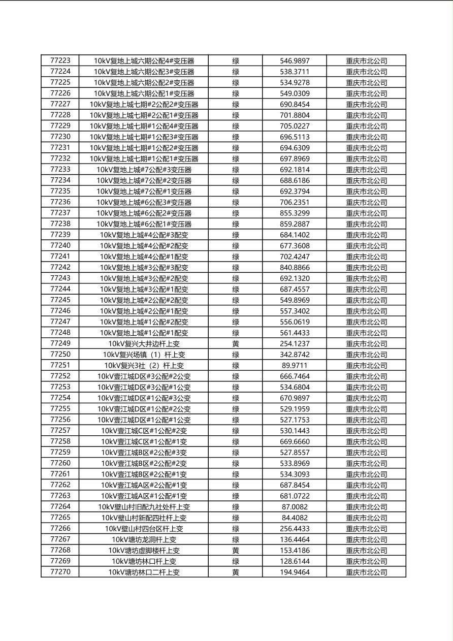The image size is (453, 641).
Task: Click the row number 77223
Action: [60, 60]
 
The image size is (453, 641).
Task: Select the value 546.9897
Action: [295, 60]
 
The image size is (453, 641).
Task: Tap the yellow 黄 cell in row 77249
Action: [236, 343]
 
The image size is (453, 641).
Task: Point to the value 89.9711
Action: [295, 365]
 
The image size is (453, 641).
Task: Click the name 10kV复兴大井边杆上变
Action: [144, 343]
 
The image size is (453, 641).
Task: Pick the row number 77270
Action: [60, 572]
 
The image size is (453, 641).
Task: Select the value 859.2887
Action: [295, 223]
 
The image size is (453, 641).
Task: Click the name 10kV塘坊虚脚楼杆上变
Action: [144, 550]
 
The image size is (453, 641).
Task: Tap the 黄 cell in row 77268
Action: [236, 550]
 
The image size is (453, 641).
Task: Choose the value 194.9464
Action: [295, 572]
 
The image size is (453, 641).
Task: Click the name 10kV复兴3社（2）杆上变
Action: [144, 365]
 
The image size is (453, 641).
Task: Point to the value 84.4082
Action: [295, 518]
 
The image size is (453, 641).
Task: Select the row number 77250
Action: [60, 355]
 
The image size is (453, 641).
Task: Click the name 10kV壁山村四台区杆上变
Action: [144, 528]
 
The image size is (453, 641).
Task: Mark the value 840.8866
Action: [295, 267]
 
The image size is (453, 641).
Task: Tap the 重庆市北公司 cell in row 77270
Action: [366, 572]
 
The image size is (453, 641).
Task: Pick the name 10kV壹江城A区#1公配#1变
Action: [144, 496]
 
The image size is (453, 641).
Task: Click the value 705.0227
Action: [295, 126]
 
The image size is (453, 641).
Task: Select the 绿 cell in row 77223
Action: [236, 60]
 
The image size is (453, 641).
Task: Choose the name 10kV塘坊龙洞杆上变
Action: [144, 539]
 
